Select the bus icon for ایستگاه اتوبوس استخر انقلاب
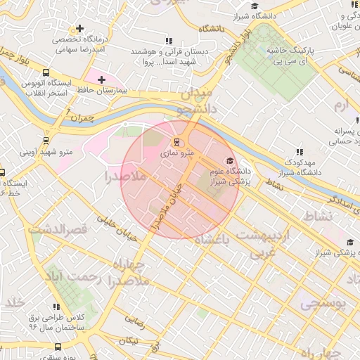46,72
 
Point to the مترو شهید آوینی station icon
48,140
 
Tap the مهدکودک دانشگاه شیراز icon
300,152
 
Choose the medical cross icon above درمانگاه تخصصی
80,30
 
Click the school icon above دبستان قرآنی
167,41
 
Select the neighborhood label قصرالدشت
56,229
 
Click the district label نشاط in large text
314,216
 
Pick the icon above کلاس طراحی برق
56,307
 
